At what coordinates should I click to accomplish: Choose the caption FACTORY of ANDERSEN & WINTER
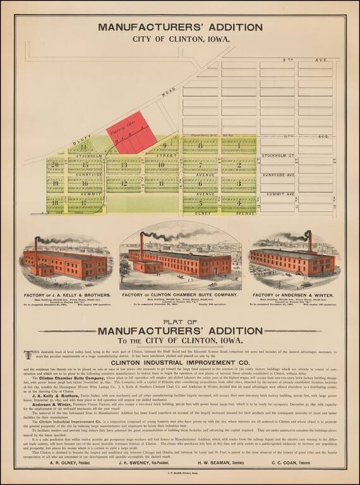[x=292, y=296]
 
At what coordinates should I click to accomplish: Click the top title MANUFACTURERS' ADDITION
[x=180, y=28]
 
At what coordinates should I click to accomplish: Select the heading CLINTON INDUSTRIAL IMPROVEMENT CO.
[x=180, y=362]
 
